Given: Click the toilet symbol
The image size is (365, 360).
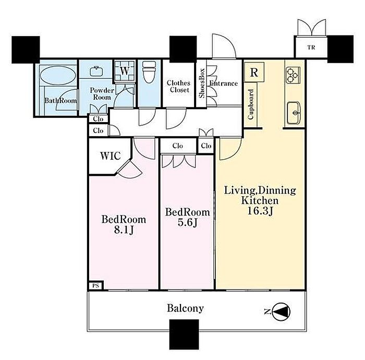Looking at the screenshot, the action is point(149,72).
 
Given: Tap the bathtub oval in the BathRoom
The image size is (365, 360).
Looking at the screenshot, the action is point(58,75).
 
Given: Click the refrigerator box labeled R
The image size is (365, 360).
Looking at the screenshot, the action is point(254,72).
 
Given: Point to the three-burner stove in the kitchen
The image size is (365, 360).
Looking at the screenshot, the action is point(293,75).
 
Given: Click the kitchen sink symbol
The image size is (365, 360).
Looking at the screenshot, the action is point(294,113).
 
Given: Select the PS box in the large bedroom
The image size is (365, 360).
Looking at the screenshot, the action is point(95,285).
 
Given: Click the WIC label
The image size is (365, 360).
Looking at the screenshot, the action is point(111,156).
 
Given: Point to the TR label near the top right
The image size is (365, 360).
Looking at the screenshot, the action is point(311,47).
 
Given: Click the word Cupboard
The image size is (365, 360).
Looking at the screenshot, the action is point(251,104).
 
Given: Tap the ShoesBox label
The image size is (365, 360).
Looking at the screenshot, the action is point(202,83).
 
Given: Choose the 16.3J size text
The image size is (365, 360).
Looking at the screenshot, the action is point(260,211).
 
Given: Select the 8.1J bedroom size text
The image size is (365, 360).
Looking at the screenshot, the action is point(124,230).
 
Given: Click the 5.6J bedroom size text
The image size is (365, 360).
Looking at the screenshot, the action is point(187,223).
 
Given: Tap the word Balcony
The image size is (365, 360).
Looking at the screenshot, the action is point(185,308).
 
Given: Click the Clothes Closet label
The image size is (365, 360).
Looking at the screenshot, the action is point(179,87).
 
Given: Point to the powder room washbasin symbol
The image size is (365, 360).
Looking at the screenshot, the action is point(96,71).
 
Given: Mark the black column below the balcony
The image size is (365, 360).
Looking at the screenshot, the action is point(184,334).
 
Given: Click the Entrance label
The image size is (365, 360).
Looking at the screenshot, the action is point(224,83).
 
